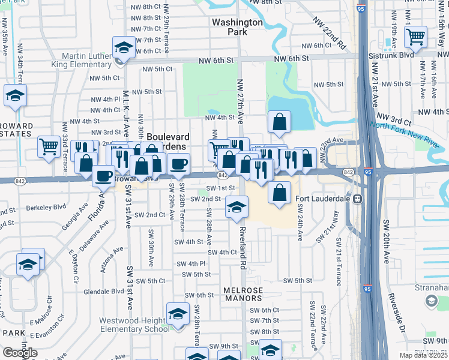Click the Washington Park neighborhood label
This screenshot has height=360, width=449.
237,27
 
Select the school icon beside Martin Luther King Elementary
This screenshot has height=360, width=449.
124,47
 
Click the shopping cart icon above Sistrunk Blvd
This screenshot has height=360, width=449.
415,37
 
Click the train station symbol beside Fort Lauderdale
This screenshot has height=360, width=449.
357,199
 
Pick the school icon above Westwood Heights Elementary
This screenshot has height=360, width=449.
178,314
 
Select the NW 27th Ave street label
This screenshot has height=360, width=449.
240,100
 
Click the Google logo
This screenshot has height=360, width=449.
20,353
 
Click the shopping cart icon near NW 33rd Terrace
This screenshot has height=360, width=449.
49,146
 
